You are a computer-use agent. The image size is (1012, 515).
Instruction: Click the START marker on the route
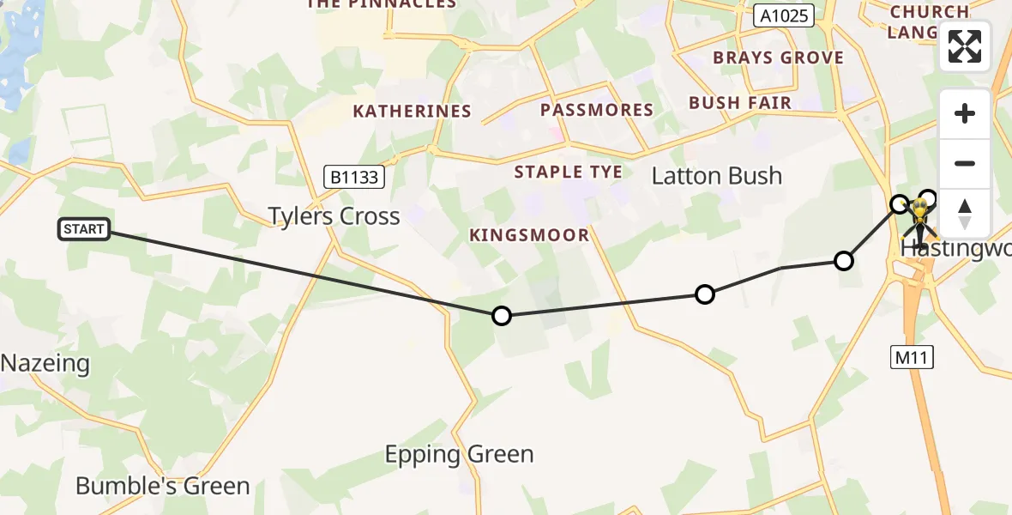coord(84,229)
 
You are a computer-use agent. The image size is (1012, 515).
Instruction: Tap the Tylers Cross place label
coord(334,215)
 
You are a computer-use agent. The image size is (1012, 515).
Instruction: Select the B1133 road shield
coord(354,178)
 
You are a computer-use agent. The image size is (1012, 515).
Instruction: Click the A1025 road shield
coord(784,15)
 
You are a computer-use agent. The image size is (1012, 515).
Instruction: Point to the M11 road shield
coord(909,356)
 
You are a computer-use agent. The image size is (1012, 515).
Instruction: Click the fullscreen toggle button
coord(965,46)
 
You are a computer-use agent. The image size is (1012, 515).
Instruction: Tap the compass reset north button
coord(965,213)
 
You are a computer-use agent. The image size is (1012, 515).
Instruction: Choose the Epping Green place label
coord(459,454)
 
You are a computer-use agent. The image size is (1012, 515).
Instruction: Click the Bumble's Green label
coord(163,486)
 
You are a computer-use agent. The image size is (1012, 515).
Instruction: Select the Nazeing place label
coord(45,363)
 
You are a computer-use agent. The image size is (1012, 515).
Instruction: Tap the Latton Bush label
coord(717,176)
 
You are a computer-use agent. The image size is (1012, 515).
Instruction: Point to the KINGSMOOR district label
coord(529,235)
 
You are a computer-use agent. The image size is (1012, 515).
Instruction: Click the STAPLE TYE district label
coord(568,172)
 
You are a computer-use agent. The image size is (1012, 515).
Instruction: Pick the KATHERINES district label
coord(412,111)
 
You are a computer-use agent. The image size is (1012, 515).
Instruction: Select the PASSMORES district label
coord(596,110)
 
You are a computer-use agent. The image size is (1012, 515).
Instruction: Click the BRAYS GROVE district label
coord(778,58)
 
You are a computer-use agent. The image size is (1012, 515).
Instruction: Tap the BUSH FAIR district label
coord(740,103)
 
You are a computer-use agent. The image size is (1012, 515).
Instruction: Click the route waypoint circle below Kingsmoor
coord(502,316)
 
